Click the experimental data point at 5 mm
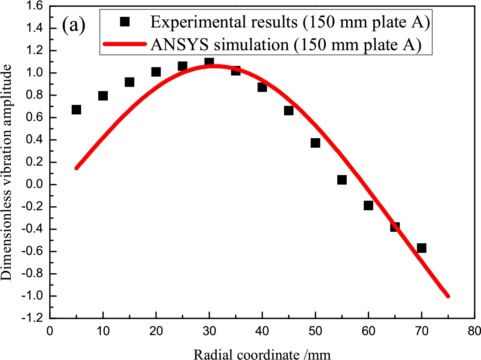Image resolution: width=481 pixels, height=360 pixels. coord(76,109)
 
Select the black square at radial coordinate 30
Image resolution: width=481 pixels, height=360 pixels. coord(209,62)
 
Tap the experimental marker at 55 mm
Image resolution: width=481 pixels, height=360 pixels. coord(342,180)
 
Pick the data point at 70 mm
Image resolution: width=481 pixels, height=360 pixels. coord(421,248)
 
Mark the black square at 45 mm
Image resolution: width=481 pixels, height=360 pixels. coord(288,110)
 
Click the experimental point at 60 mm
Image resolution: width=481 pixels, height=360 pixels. coord(368,205)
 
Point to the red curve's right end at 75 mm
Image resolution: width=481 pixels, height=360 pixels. coord(448,296)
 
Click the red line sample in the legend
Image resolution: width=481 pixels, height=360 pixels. coord(124,45)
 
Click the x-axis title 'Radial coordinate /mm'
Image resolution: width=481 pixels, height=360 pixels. coord(263,354)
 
